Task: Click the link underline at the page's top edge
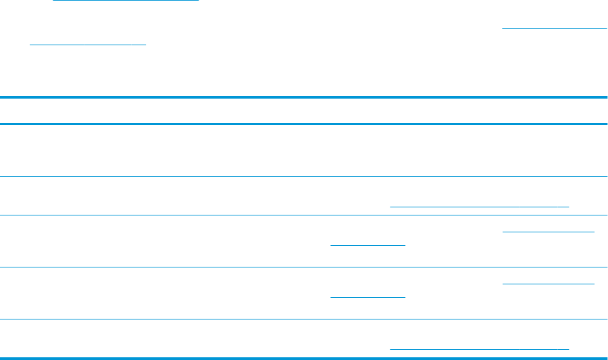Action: [126, 1]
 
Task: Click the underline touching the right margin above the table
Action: [554, 29]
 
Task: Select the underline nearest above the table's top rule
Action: [88, 45]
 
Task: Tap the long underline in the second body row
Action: [480, 205]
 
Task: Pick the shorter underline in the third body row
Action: [368, 245]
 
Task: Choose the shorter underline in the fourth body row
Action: [368, 297]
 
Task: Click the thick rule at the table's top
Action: [304, 98]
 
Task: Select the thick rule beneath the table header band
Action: [304, 124]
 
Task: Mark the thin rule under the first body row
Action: [304, 177]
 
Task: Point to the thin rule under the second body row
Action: [304, 215]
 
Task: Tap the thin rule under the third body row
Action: [304, 268]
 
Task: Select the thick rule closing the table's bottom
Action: [304, 358]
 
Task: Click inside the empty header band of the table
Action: [304, 111]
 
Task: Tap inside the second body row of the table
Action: [203, 197]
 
